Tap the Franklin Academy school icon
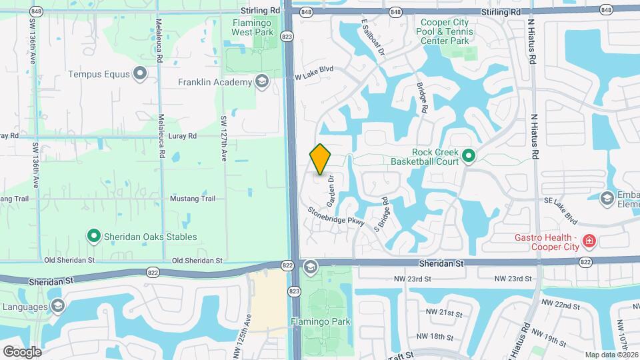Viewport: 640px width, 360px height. pos(261,82)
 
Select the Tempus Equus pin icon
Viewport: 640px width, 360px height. pos(139,74)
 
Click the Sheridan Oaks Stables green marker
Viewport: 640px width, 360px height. pos(94,236)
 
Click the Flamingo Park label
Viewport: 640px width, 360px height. pos(311,321)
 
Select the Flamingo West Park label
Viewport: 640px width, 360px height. pos(253,27)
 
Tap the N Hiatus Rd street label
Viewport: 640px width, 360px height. pos(533,137)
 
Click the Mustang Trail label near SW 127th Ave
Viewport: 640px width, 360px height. pos(194,199)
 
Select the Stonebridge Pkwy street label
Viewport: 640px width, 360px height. pos(336,217)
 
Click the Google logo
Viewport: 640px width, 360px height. pos(22,351)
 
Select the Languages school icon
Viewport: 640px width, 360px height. pos(57,306)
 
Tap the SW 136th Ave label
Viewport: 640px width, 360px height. pos(32,41)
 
